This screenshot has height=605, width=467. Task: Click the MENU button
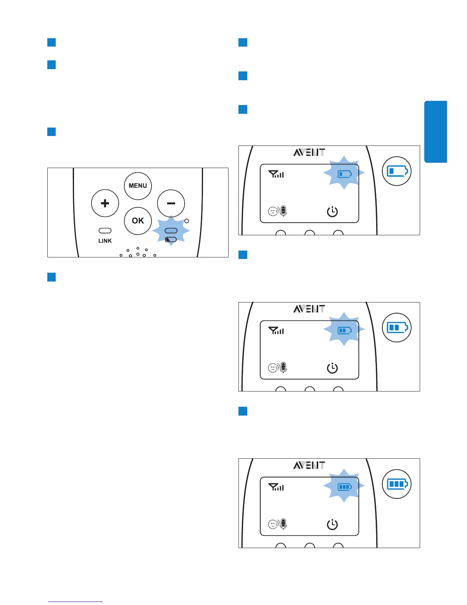click(x=138, y=186)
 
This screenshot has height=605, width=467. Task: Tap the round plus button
click(x=105, y=203)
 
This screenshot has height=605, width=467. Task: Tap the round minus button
click(x=171, y=203)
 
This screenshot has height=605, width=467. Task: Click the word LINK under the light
click(x=105, y=241)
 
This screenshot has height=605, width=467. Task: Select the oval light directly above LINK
click(x=105, y=231)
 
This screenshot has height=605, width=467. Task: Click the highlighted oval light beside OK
click(x=171, y=231)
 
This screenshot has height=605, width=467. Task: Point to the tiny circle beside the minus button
click(x=187, y=221)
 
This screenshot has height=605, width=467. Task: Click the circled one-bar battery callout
click(x=397, y=171)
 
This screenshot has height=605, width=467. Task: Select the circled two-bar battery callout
click(x=397, y=328)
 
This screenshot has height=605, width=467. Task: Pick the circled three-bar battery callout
click(x=397, y=484)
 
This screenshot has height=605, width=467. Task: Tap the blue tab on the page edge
click(x=435, y=132)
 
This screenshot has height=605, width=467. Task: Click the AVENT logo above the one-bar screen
click(x=309, y=152)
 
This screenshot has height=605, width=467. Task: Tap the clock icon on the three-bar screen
click(x=332, y=524)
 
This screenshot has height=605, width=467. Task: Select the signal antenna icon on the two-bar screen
click(x=276, y=331)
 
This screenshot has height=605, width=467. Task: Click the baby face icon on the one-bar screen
click(x=273, y=211)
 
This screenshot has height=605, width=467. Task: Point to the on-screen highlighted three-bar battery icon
click(x=345, y=487)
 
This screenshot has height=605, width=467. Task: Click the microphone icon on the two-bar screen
click(x=283, y=367)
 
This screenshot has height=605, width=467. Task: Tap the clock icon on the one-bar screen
click(x=332, y=211)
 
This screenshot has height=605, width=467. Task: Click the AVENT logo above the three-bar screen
click(x=309, y=465)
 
